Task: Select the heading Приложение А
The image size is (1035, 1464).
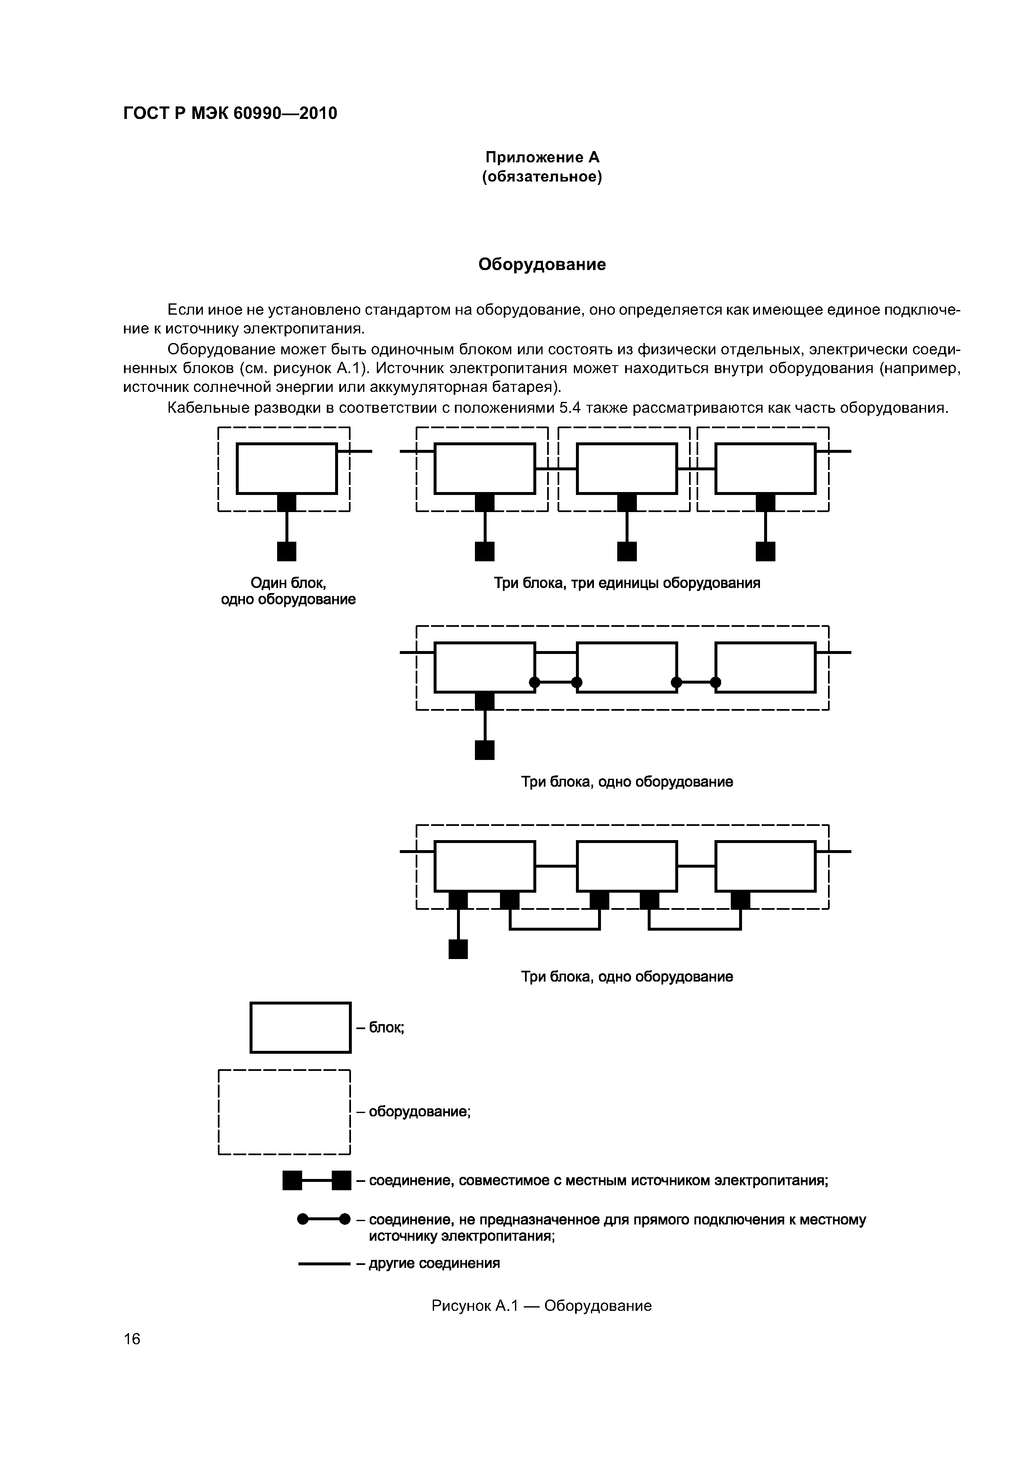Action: (542, 157)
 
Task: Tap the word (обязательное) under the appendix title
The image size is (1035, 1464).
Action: (542, 176)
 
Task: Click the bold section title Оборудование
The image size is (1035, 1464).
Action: (542, 264)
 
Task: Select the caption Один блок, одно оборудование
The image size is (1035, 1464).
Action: (288, 591)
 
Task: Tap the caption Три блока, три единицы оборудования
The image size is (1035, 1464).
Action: (627, 583)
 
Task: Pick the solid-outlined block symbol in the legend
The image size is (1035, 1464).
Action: (300, 1027)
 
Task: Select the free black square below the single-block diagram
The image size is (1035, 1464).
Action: (287, 551)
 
